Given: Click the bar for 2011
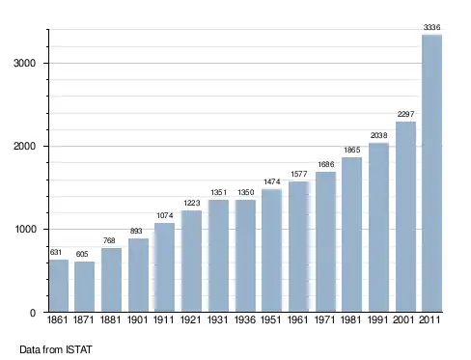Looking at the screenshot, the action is tap(431, 173).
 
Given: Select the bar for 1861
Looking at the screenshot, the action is tap(59, 286).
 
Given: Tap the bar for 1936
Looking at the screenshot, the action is tap(245, 256).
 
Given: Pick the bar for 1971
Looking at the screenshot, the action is tap(325, 242).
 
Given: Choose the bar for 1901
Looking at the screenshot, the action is tap(138, 275).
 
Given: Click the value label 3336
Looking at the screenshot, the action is tap(431, 27).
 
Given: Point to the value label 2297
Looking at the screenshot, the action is tap(405, 114).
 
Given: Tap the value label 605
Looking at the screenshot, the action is tap(82, 254).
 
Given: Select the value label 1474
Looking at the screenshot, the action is tap(272, 181).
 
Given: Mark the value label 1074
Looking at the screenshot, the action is tap(165, 215).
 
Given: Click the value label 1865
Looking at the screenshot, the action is tap(352, 150).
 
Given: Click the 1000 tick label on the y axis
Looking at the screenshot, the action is tap(25, 229).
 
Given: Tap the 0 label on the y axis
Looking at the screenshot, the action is tap(33, 313).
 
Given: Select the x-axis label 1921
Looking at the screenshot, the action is tap(191, 319).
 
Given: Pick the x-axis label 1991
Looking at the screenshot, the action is tap(377, 319).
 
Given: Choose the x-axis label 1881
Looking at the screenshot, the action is tap(111, 319).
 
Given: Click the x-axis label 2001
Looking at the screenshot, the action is tap(403, 319).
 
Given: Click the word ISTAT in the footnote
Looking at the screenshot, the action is tap(79, 349).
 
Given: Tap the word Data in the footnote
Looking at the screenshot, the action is tap(30, 349).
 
